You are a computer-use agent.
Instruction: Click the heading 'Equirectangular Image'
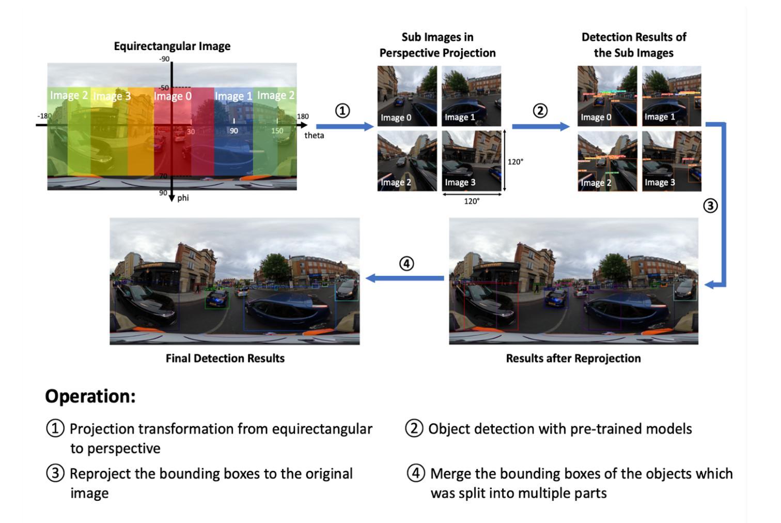172,46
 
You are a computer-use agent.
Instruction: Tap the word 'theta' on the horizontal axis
314,135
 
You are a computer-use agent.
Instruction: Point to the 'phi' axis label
183,198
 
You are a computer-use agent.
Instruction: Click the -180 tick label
44,116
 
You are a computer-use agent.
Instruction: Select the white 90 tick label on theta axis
234,131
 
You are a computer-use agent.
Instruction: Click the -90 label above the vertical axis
164,59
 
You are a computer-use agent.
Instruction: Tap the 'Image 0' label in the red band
173,97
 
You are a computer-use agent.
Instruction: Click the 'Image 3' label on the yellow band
112,97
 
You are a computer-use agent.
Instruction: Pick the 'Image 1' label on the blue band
233,97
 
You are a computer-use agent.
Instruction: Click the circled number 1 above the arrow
342,110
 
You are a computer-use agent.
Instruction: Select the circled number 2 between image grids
540,110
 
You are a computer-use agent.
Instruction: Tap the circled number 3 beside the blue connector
710,205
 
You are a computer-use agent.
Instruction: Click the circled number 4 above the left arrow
407,263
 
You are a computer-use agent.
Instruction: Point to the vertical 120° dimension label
515,162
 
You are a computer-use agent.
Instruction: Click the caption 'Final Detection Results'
225,358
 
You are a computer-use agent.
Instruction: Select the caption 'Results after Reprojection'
573,358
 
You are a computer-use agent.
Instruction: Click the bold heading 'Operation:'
90,397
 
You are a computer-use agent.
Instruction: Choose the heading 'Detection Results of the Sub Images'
633,45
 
